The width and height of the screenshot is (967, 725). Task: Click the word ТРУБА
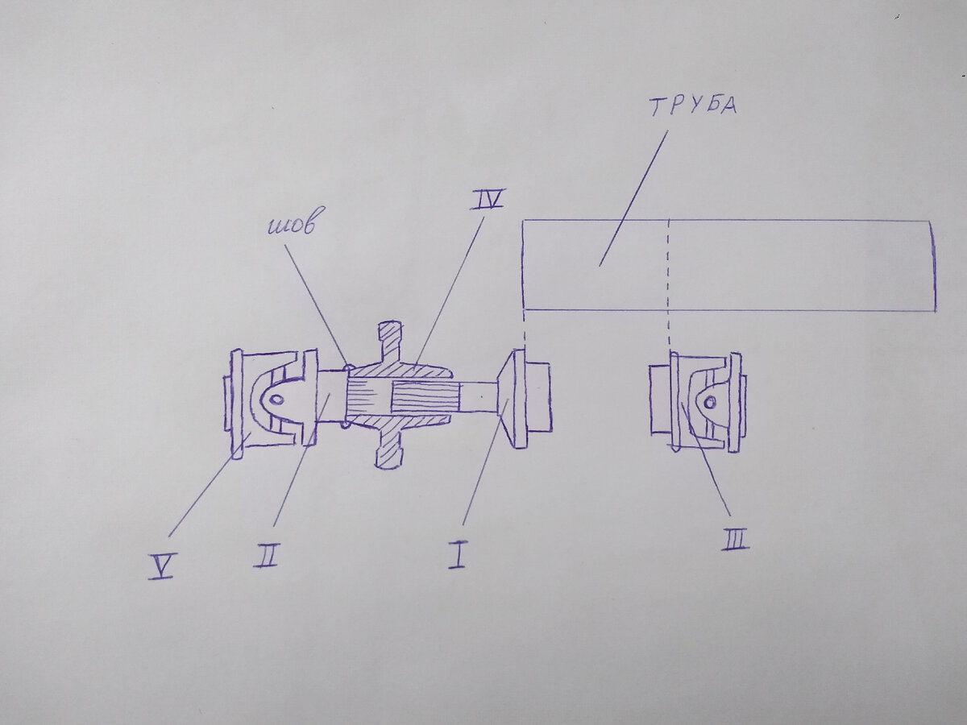[694, 106]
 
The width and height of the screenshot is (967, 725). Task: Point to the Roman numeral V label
[161, 566]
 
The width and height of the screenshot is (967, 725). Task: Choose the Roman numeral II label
[268, 556]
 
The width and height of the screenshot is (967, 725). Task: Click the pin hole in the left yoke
[276, 400]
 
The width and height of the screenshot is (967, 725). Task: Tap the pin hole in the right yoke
[709, 402]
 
